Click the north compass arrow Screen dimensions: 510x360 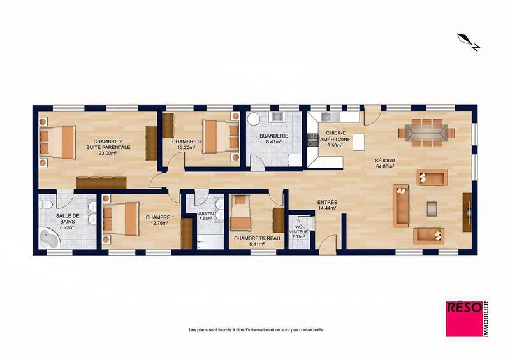469,42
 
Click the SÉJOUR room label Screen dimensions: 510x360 385,161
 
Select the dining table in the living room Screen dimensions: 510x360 426,133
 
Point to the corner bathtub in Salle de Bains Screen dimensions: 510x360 49,239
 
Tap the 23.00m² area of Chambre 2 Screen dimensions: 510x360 108,153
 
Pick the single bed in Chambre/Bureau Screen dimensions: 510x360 241,213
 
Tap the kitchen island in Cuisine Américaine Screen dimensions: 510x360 358,142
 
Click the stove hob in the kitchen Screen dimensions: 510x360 313,140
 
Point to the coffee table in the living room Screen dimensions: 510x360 432,208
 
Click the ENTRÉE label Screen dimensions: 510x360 327,202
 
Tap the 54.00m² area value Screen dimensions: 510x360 385,166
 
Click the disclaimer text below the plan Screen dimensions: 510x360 256,329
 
